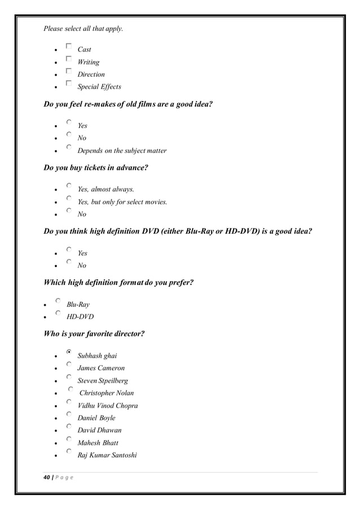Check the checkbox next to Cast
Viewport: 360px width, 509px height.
[x=68, y=46]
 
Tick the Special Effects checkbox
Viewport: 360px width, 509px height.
[x=68, y=84]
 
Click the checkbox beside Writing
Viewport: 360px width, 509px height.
[x=68, y=59]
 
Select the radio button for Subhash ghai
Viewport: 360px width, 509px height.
[x=68, y=352]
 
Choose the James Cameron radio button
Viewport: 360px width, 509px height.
[x=68, y=365]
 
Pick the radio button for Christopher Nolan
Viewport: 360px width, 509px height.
[x=71, y=389]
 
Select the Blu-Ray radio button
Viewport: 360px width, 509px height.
[x=58, y=301]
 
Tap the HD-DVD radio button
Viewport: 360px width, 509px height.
[x=58, y=313]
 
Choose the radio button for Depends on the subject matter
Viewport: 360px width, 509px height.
[x=68, y=147]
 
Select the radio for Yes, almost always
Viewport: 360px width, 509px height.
[x=68, y=185]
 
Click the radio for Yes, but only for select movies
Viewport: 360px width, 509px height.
[x=68, y=198]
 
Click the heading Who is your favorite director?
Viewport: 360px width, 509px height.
[x=94, y=334]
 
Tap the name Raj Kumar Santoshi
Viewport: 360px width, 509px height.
[x=107, y=455]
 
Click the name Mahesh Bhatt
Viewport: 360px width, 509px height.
[x=98, y=442]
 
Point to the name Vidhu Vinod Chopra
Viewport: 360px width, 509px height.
[x=107, y=405]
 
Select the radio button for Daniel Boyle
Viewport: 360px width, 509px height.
[x=68, y=414]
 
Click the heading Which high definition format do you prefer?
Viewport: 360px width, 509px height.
[x=118, y=283]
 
